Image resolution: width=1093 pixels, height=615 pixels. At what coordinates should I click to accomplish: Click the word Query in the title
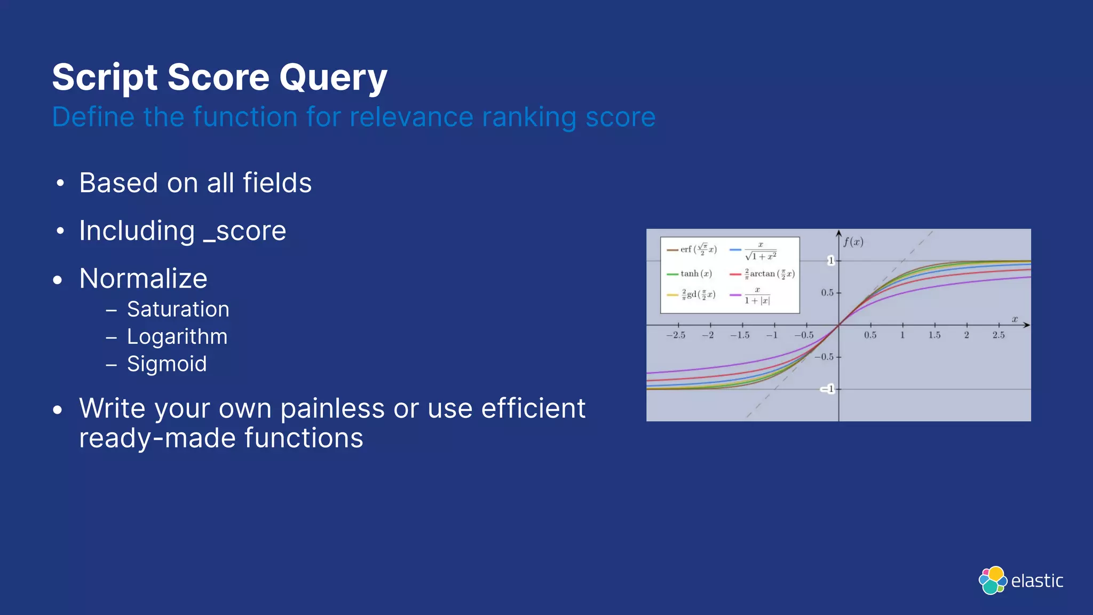(x=332, y=78)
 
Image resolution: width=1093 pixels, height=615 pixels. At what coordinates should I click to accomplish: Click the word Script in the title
(x=105, y=78)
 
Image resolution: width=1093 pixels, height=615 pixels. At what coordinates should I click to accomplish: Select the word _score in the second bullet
(x=245, y=231)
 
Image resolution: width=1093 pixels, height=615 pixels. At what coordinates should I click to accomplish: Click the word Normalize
(x=143, y=279)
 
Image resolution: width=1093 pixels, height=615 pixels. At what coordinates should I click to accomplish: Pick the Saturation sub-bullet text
(x=178, y=310)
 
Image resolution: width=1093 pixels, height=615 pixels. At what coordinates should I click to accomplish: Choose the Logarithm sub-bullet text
(x=177, y=337)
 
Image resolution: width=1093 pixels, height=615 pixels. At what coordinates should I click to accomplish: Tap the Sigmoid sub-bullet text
(x=167, y=364)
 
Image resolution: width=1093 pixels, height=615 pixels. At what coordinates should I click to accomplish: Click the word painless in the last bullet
(x=332, y=409)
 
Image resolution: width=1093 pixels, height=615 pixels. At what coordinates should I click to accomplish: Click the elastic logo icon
(x=993, y=580)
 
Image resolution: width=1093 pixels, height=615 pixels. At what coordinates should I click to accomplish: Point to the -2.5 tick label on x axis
(x=676, y=335)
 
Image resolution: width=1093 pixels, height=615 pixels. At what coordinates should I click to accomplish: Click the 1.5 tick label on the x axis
(x=934, y=335)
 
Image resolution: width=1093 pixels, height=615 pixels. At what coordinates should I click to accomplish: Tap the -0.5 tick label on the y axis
(x=825, y=357)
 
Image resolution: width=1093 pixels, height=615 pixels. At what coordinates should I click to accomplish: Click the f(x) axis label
(x=853, y=242)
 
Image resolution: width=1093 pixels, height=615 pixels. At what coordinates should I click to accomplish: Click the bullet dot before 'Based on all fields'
(x=60, y=184)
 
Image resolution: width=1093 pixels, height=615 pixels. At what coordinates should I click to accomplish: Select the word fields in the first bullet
(x=277, y=183)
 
